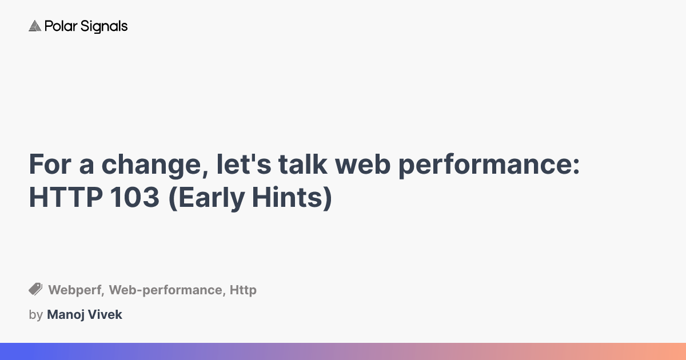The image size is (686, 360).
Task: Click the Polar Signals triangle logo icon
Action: [x=35, y=26]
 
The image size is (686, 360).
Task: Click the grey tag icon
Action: [x=35, y=289]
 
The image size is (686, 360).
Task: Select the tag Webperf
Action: [x=75, y=290]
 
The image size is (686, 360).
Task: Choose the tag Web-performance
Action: [x=166, y=290]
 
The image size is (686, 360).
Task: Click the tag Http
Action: [x=243, y=290]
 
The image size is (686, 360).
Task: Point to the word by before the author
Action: [x=35, y=315]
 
